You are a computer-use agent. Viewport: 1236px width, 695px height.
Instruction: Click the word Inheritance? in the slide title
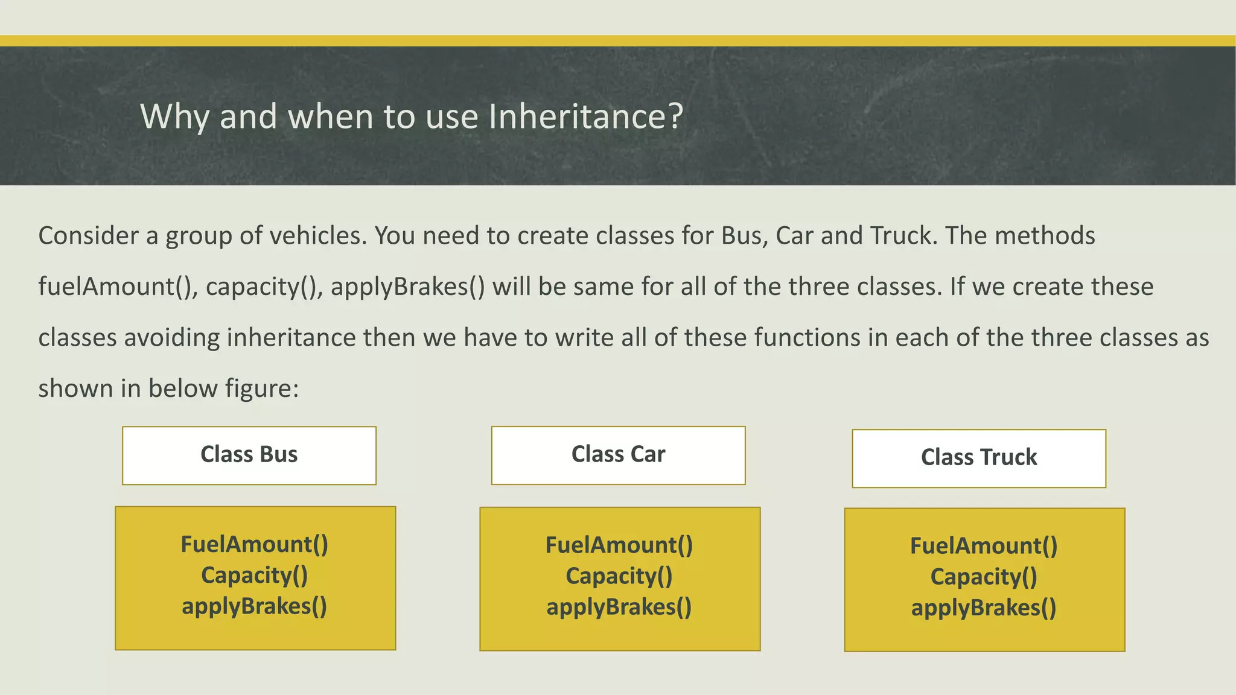click(x=585, y=116)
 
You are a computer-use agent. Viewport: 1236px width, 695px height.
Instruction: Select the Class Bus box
click(x=249, y=455)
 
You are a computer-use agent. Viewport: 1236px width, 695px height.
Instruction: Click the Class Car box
click(x=618, y=455)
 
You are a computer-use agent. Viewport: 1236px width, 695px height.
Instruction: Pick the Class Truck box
click(x=978, y=458)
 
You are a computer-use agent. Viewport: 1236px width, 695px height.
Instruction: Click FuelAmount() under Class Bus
click(x=254, y=544)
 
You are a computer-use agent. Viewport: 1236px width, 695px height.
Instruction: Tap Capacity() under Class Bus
click(x=254, y=576)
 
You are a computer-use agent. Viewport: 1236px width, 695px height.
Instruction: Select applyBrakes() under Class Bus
click(x=254, y=606)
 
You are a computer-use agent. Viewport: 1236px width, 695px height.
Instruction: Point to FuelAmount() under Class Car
click(x=619, y=545)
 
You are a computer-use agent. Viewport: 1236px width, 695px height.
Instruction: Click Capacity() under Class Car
click(x=619, y=576)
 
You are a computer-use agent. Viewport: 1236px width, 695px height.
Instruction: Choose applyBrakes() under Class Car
click(x=619, y=607)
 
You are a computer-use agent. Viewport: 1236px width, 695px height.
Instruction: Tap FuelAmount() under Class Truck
click(x=984, y=546)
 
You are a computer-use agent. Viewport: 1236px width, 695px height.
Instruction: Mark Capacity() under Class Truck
click(x=984, y=577)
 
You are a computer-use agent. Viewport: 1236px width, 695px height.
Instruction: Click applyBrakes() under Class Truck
click(x=984, y=608)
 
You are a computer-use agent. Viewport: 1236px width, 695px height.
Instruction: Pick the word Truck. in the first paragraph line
click(x=903, y=235)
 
